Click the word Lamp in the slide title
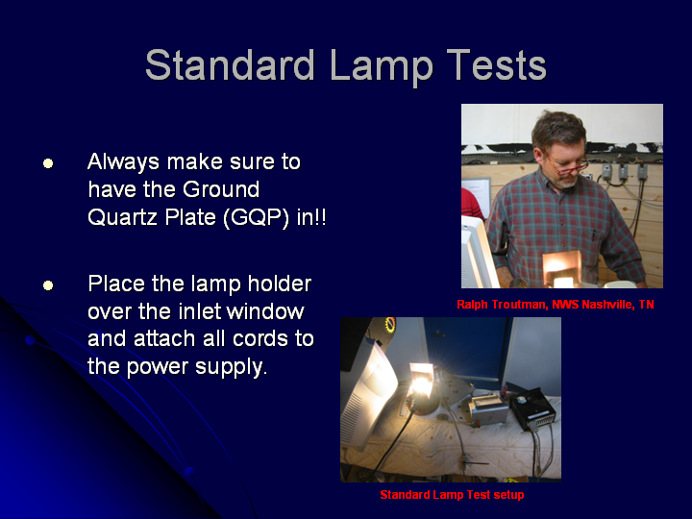point(381,65)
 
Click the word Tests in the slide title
point(497,65)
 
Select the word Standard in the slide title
point(230,64)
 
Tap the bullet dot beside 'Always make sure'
point(48,163)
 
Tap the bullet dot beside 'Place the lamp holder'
point(48,285)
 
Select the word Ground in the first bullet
point(221,189)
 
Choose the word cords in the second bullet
point(259,338)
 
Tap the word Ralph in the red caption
point(472,305)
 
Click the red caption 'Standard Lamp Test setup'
point(452,495)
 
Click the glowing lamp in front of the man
point(561,269)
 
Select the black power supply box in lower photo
point(533,408)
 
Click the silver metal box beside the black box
point(487,410)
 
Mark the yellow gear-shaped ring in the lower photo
point(390,324)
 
